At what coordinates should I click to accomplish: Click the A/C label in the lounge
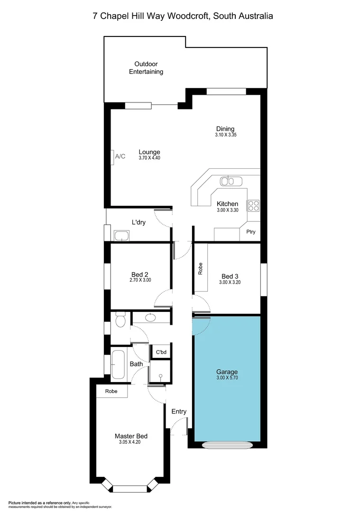coord(120,156)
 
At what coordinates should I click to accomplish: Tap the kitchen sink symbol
coord(231,181)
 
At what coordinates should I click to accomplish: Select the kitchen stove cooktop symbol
coord(253,205)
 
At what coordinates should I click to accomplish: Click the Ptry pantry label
coord(250,232)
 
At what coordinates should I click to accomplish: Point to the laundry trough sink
coord(122,235)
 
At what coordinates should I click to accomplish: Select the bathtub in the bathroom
coord(118,364)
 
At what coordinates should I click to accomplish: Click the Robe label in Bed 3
coord(200,269)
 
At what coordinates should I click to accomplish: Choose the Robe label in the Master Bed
coord(111,392)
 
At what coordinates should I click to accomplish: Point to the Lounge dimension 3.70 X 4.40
coord(149,158)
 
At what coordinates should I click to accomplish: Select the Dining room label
coord(225,128)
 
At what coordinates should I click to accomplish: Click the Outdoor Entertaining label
coord(146,68)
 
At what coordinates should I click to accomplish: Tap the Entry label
coord(179,411)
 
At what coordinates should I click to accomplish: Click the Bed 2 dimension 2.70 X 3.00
coord(140,280)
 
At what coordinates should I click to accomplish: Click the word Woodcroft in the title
coord(191,16)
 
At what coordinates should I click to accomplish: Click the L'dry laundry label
coord(138,222)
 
